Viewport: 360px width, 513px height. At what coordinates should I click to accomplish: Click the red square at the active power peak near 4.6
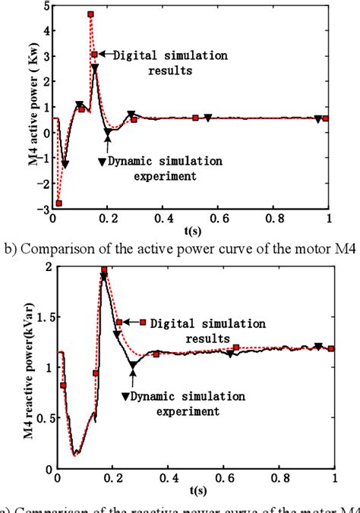90,14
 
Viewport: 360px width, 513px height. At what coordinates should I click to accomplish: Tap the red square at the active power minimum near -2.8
58,203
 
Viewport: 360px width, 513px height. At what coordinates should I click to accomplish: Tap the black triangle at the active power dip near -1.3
65,164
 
